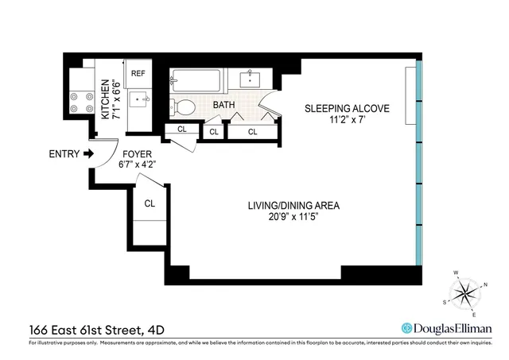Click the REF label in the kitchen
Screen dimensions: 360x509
tap(138, 72)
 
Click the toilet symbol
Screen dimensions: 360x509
tap(185, 106)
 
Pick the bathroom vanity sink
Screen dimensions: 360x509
tap(250, 79)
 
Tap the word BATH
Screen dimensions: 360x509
tap(223, 104)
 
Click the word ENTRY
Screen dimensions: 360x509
tap(64, 154)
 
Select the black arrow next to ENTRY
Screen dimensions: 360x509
tap(88, 154)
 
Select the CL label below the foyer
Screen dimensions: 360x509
tap(150, 203)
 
